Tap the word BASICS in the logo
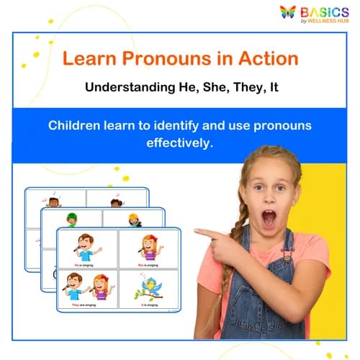325,12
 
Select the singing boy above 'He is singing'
86,246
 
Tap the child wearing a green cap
71,218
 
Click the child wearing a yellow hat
135,218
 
